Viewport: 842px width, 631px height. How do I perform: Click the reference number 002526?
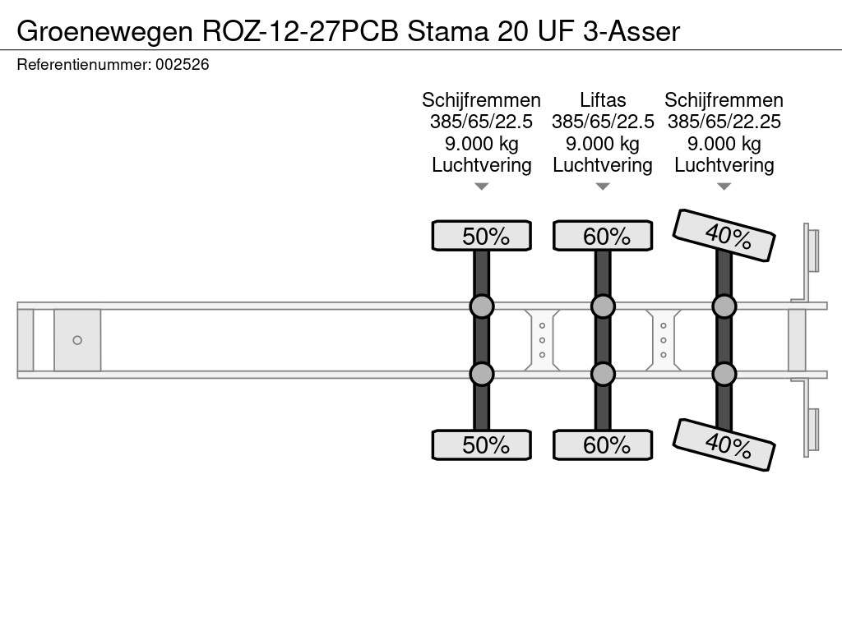point(182,64)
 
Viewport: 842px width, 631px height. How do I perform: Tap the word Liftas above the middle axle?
point(603,100)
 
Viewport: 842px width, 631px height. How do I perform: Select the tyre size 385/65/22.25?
point(724,122)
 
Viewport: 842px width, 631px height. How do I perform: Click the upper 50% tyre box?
point(482,237)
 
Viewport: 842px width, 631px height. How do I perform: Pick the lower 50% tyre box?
point(482,445)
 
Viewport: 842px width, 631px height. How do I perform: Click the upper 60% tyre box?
point(603,237)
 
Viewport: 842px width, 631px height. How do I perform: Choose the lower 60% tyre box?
point(603,445)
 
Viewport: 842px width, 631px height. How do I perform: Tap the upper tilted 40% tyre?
point(724,236)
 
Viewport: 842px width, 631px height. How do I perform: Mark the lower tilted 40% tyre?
point(724,444)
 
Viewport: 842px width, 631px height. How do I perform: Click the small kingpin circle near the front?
point(77,340)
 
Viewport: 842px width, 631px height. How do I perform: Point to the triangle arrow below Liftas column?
point(603,187)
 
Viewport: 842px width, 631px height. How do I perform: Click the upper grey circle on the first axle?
point(482,306)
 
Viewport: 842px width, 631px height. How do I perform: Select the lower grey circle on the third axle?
point(724,375)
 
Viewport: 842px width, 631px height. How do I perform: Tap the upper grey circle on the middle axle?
point(603,306)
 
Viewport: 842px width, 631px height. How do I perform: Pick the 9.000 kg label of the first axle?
point(482,144)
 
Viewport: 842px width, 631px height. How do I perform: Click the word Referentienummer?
point(83,64)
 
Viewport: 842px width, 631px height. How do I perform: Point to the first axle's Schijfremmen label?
point(482,100)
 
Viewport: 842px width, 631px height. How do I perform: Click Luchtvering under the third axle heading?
point(724,165)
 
